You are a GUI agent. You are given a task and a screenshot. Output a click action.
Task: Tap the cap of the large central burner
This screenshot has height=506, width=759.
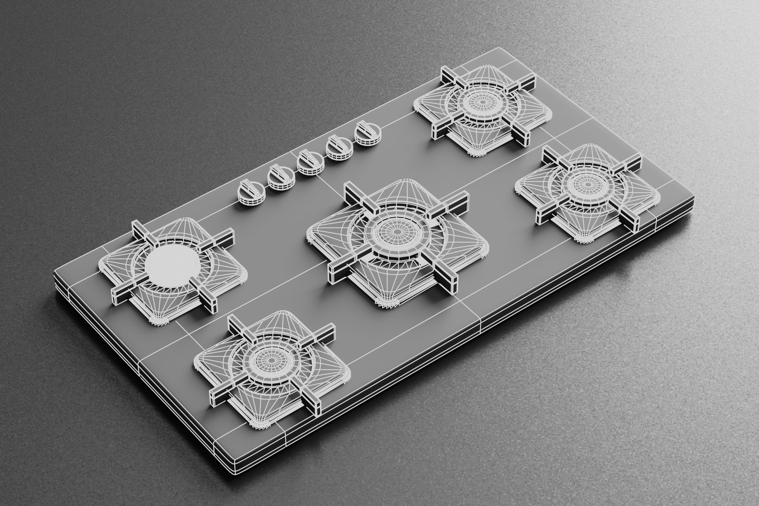(x=397, y=232)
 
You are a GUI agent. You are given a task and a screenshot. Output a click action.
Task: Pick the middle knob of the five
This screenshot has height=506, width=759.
(x=310, y=163)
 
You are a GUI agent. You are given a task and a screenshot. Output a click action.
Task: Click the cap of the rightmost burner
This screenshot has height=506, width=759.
(x=587, y=185)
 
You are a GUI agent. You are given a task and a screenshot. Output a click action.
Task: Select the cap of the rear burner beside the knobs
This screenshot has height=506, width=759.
(x=483, y=102)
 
